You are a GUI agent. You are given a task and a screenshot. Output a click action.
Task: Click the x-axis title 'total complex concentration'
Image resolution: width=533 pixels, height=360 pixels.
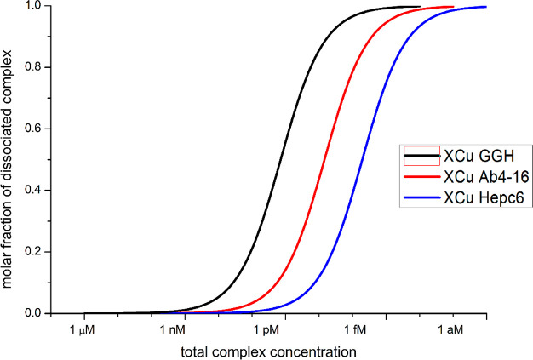267,350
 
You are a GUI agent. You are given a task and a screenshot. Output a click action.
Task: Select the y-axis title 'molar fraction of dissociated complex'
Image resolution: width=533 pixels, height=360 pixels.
11,160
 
